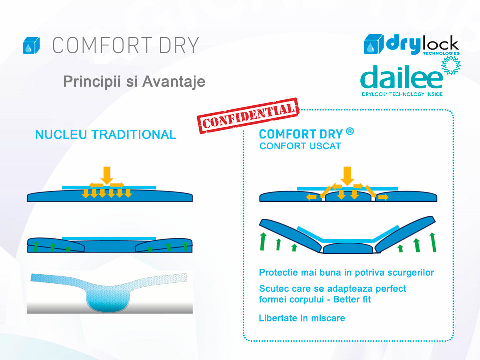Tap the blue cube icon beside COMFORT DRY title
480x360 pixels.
31,45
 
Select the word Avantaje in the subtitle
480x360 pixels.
174,81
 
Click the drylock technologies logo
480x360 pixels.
412,44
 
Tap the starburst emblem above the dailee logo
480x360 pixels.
451,65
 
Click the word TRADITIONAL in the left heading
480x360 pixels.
134,134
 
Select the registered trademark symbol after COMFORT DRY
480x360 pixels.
350,132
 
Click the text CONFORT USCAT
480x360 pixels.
300,146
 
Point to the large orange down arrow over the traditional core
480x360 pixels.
107,175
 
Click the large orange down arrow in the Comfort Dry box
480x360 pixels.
347,176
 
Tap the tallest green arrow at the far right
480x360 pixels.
433,242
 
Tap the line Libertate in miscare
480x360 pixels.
302,318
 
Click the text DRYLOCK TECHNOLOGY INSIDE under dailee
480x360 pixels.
402,94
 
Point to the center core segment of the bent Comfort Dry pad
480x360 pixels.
348,248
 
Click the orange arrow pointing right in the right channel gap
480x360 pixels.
383,197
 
